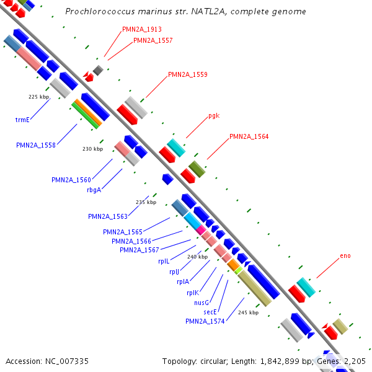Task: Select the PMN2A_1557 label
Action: [153, 40]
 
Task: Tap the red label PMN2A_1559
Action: [187, 74]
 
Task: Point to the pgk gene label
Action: [214, 115]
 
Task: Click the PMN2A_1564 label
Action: [249, 136]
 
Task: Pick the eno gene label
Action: [345, 255]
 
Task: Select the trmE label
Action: [23, 120]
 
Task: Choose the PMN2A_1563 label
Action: [108, 216]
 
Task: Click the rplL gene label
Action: [164, 261]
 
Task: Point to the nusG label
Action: [201, 303]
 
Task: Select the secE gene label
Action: [210, 312]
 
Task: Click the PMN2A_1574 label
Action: [205, 321]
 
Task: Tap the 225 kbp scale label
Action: [38, 97]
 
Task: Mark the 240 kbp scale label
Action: [197, 257]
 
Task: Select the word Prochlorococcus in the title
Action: [94, 12]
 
